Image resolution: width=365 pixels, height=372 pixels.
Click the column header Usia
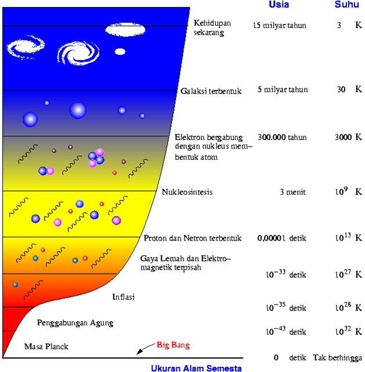click(279, 5)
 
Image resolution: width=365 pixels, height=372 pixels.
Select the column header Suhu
click(346, 5)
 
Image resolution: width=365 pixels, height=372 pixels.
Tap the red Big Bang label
click(173, 345)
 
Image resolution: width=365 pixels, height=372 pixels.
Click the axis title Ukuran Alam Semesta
click(196, 367)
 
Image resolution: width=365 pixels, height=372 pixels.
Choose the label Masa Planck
click(46, 346)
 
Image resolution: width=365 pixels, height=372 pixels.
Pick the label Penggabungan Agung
click(75, 323)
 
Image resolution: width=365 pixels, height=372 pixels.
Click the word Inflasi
click(124, 297)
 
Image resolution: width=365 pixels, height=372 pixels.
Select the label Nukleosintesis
click(187, 192)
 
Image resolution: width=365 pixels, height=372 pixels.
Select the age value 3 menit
click(292, 192)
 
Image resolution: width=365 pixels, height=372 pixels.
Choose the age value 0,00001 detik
click(282, 238)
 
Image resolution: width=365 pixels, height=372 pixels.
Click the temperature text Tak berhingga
click(337, 357)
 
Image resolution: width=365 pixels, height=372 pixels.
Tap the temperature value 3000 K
click(348, 138)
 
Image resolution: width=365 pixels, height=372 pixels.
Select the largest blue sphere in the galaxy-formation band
click(78, 110)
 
